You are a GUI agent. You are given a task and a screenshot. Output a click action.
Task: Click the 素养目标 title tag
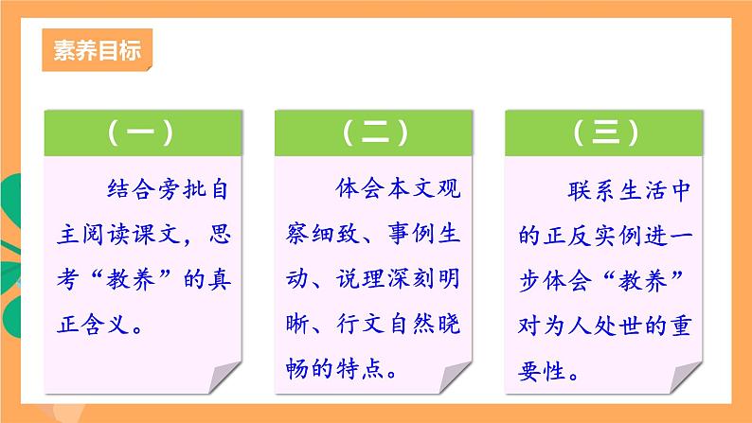97,50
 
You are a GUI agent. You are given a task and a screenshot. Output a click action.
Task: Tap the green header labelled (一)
140,133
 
